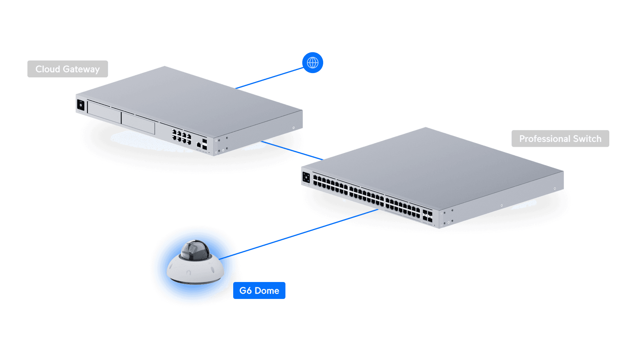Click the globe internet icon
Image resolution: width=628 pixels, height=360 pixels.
pyautogui.click(x=313, y=63)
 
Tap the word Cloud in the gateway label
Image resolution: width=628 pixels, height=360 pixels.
pyautogui.click(x=48, y=69)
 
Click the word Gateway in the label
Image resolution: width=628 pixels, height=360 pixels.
pyautogui.click(x=81, y=69)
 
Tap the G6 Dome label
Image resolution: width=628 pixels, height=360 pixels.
pyautogui.click(x=259, y=290)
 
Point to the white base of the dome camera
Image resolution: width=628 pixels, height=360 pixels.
pyautogui.click(x=195, y=272)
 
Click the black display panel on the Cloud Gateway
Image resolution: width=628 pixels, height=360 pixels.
pyautogui.click(x=81, y=105)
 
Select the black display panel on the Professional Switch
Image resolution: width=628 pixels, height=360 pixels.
pyautogui.click(x=306, y=177)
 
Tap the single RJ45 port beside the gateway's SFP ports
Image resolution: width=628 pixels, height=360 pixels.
pyautogui.click(x=199, y=145)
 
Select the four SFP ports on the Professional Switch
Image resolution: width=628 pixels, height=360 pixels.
pyautogui.click(x=427, y=216)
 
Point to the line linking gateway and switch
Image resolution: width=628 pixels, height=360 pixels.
pyautogui.click(x=293, y=150)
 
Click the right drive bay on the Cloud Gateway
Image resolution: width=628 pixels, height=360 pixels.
pyautogui.click(x=138, y=122)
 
